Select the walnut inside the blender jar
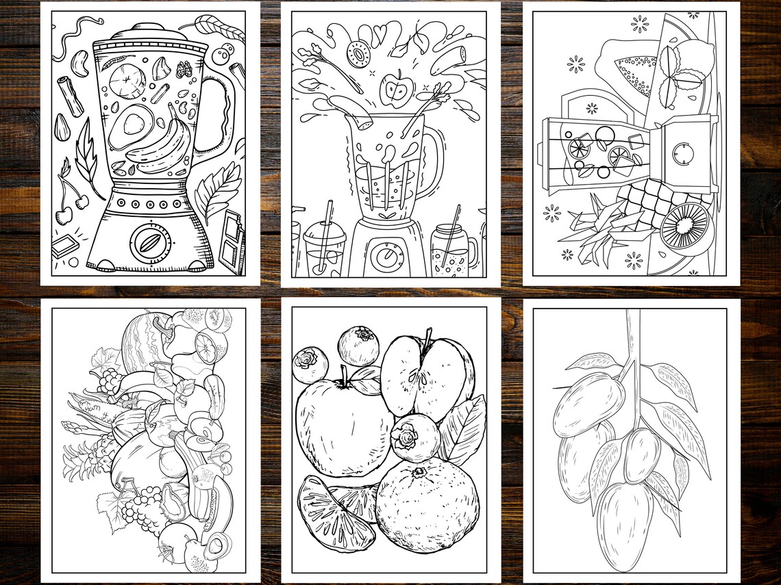184,69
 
